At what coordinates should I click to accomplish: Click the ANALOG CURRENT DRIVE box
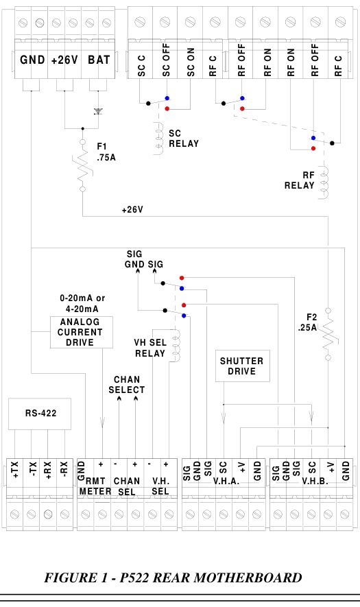[82, 332]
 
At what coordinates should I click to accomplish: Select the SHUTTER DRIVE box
[242, 366]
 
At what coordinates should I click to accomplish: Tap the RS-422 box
[40, 414]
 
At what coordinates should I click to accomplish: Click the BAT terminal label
[99, 60]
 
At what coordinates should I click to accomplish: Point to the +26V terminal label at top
[64, 60]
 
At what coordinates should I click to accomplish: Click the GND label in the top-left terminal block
[32, 60]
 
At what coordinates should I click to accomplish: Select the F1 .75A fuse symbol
[83, 166]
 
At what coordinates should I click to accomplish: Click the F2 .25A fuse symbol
[328, 334]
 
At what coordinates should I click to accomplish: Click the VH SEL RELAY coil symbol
[176, 346]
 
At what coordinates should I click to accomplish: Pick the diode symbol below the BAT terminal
[98, 112]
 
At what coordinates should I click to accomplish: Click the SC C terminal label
[142, 66]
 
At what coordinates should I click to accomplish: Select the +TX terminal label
[14, 470]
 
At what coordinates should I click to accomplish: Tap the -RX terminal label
[64, 470]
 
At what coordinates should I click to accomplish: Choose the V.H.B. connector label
[315, 481]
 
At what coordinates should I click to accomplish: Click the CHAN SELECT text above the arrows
[127, 385]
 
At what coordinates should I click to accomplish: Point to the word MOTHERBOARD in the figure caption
[248, 578]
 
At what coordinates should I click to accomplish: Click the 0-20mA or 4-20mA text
[82, 303]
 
